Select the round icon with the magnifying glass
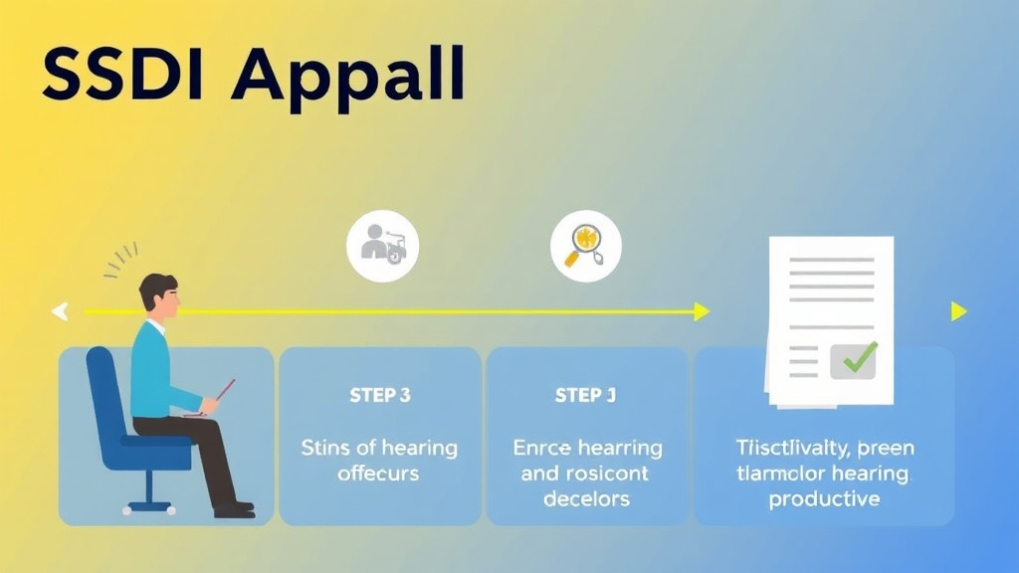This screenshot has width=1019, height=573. pos(585,246)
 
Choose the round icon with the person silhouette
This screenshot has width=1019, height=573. pos(383,245)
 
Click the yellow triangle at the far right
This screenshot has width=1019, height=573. pos(958,311)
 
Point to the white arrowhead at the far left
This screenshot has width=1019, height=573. pos(60,311)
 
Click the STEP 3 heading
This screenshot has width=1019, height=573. pos(380,395)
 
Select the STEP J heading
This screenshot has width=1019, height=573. pos(585,395)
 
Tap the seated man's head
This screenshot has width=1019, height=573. pos(159,294)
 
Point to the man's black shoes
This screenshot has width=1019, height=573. pos(234,508)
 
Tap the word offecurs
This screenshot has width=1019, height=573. pos(379,474)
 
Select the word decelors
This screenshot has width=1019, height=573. pos(585,497)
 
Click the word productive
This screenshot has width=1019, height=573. pos(824,498)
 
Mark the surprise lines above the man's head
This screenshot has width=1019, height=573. pos(121,263)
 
